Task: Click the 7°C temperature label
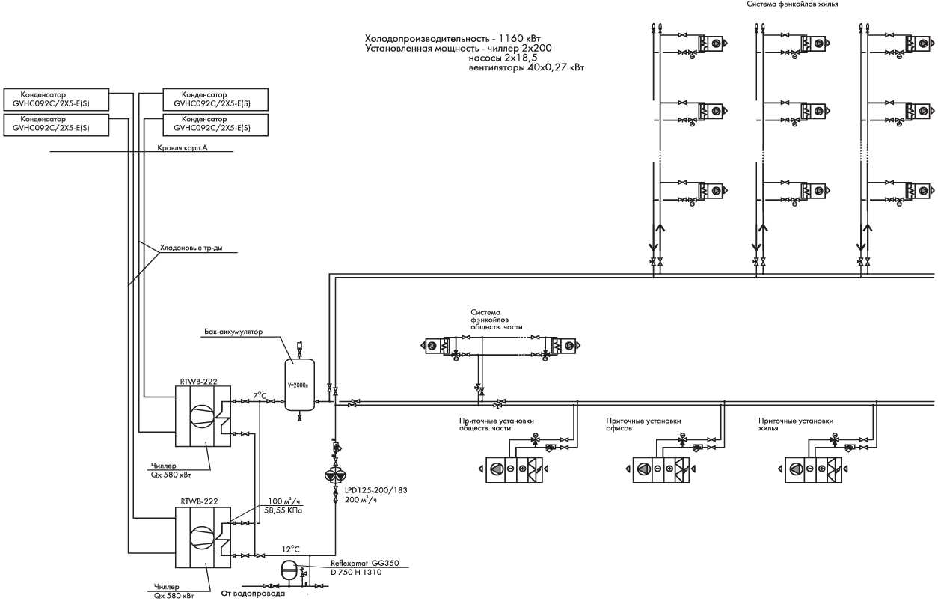coord(260,395)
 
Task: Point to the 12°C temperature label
coord(291,549)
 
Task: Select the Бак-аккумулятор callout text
coord(233,332)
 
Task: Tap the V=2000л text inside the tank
coord(298,385)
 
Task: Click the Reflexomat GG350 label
coord(365,564)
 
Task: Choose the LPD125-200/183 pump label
coord(376,490)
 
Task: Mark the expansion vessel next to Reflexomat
coord(289,570)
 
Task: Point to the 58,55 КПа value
coord(283,510)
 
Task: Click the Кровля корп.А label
coord(183,148)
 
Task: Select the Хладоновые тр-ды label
coord(191,248)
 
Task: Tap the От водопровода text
coord(253,594)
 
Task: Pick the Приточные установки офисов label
coord(643,424)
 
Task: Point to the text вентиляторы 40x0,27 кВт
coord(527,67)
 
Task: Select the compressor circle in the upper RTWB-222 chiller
coord(202,416)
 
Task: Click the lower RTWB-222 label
coord(199,501)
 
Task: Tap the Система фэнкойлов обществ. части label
coord(496,320)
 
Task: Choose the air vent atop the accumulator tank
coord(299,347)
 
